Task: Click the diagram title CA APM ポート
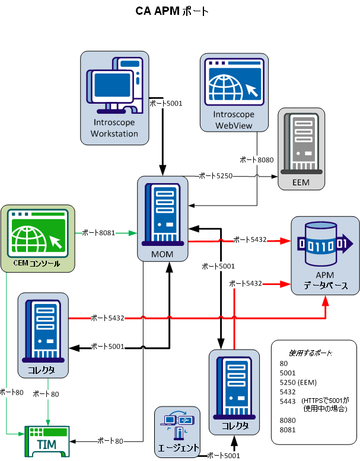point(171,11)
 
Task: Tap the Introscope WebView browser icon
point(234,82)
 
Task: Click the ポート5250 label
point(216,175)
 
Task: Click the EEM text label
point(301,183)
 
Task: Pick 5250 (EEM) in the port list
point(298,382)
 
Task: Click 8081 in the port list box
point(288,430)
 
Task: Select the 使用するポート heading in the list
point(306,353)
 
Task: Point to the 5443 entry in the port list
point(288,402)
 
